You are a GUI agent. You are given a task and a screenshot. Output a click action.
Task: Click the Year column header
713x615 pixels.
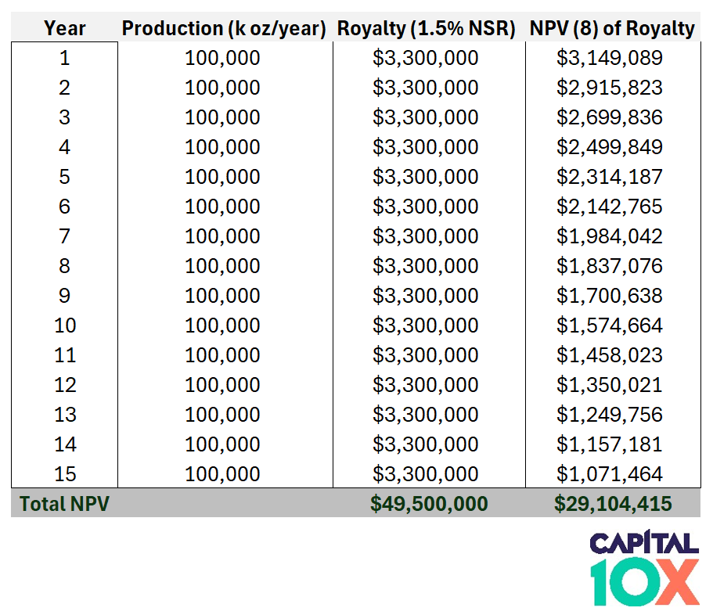[64, 29]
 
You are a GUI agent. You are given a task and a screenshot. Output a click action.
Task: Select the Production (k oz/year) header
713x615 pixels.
[224, 29]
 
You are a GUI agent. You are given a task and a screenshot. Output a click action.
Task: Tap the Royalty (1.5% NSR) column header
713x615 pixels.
[427, 29]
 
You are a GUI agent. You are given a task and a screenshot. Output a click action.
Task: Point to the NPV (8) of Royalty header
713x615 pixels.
[612, 29]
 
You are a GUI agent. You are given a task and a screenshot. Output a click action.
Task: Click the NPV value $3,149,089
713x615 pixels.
[610, 58]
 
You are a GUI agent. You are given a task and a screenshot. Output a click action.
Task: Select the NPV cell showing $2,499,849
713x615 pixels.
[610, 147]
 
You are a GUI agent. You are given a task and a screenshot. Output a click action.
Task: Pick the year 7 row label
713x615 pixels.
[64, 236]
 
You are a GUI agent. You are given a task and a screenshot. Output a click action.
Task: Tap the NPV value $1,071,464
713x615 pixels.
[610, 474]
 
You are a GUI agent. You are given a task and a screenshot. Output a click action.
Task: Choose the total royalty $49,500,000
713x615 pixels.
[429, 504]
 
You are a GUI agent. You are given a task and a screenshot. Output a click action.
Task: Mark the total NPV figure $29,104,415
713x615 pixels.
[613, 504]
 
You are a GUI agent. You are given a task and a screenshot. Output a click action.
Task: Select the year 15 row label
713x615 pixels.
[64, 474]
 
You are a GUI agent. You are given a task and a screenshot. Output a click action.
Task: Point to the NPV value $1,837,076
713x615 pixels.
[610, 266]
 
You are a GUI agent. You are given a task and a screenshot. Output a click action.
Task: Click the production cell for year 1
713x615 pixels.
[222, 58]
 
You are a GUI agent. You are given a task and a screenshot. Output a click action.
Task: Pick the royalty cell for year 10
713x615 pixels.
[425, 325]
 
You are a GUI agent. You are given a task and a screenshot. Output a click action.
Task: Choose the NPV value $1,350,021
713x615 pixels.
[610, 385]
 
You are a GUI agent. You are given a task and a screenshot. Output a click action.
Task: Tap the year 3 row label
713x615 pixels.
[64, 117]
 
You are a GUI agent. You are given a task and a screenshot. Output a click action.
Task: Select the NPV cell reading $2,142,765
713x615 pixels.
[610, 207]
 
